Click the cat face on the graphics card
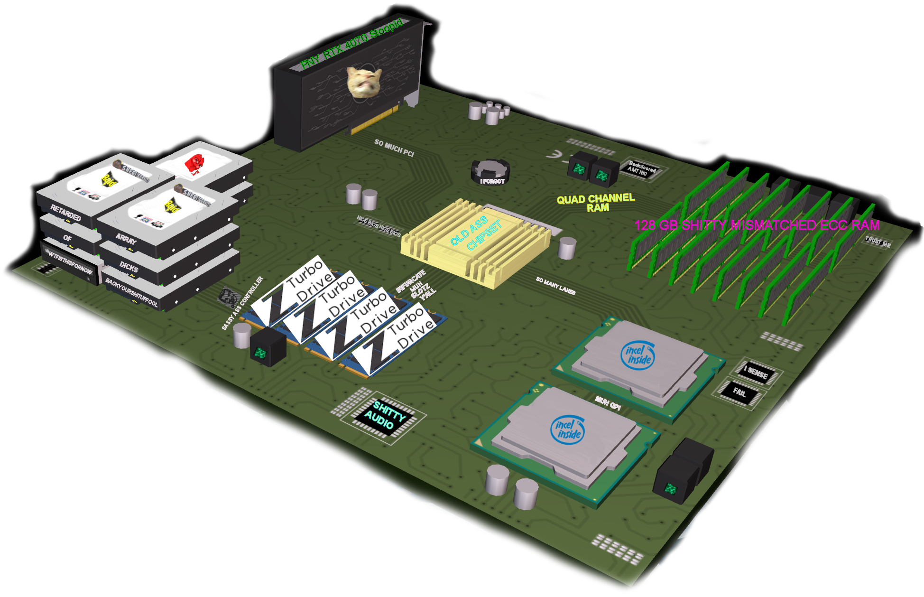[x=364, y=82]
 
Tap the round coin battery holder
[x=490, y=170]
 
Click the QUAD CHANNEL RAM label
[x=596, y=203]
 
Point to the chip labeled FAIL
[x=739, y=392]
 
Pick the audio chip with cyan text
[x=384, y=416]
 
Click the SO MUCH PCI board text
[x=394, y=148]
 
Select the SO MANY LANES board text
[x=555, y=286]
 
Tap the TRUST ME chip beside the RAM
[x=878, y=242]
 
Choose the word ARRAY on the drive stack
[x=126, y=239]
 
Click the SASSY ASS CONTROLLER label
[x=242, y=303]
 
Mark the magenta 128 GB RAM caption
[x=757, y=225]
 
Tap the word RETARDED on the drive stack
[x=66, y=213]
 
